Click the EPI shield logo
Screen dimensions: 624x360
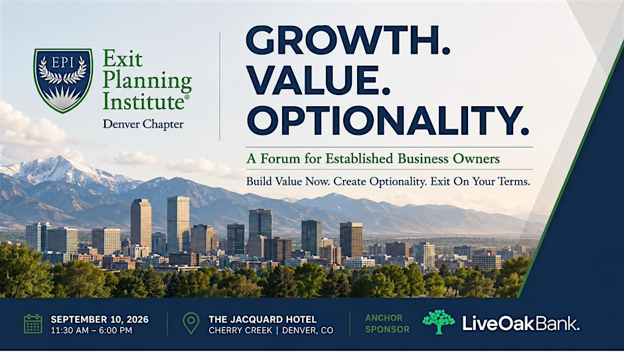point(63,80)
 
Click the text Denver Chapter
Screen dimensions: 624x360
point(143,124)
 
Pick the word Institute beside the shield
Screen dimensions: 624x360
point(143,101)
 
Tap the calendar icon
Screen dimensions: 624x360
point(33,323)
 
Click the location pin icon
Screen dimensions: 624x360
point(191,323)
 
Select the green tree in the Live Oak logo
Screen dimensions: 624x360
point(439,321)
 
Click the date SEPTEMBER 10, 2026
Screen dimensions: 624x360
point(100,319)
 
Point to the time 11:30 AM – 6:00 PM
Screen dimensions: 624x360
point(91,331)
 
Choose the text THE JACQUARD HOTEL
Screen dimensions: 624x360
point(262,319)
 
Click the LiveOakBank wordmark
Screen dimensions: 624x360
point(520,323)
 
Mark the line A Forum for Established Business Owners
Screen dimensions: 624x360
point(373,159)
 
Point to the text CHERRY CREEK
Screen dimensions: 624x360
point(240,331)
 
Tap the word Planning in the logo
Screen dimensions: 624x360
point(147,81)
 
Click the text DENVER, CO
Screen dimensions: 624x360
point(307,331)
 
